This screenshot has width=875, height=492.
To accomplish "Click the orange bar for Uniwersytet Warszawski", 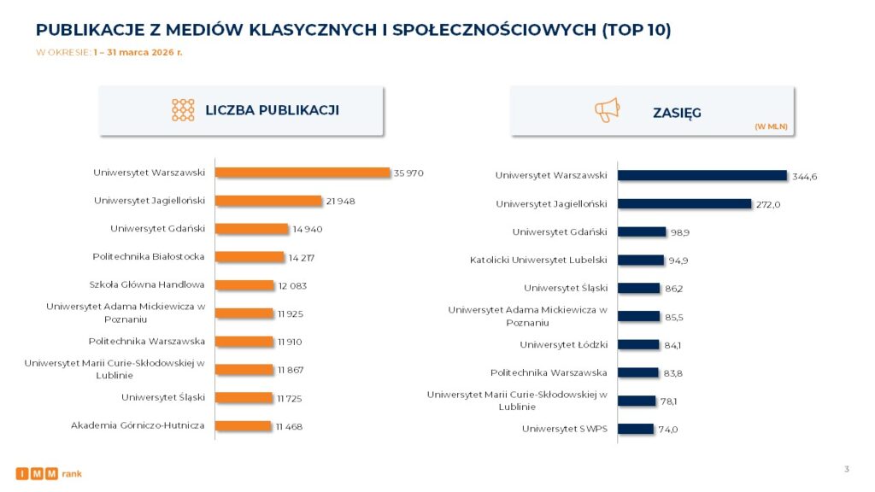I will coord(302,173).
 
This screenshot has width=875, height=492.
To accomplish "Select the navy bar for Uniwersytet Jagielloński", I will coord(684,204).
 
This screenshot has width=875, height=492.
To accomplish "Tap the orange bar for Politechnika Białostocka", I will coord(250,256).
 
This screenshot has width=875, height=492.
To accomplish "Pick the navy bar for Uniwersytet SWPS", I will coord(635,429).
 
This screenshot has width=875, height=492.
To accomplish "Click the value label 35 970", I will coord(408,173).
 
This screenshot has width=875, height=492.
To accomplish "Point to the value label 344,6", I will coord(805,177).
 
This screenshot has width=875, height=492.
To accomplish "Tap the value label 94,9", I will coord(677,261).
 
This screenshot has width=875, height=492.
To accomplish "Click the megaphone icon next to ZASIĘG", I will coord(607,110).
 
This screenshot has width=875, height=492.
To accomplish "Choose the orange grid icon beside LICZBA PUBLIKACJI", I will coord(183,109).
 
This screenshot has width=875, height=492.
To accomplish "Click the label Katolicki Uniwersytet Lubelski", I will coord(538,260).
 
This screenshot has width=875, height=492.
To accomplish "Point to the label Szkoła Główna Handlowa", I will coord(147,284).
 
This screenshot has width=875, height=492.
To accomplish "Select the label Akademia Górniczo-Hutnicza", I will coord(138,425).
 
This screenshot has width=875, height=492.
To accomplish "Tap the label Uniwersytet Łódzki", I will coord(563,344).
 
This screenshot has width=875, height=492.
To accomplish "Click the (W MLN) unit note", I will coord(771,126).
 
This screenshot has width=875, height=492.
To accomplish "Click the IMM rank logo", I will coord(49,473).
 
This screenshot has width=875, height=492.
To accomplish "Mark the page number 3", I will coord(846,468).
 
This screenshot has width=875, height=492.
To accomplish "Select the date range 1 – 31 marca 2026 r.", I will coord(138,52).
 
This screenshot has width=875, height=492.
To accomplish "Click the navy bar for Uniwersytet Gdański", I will coord(642,231).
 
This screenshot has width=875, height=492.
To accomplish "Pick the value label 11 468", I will coord(289,426).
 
